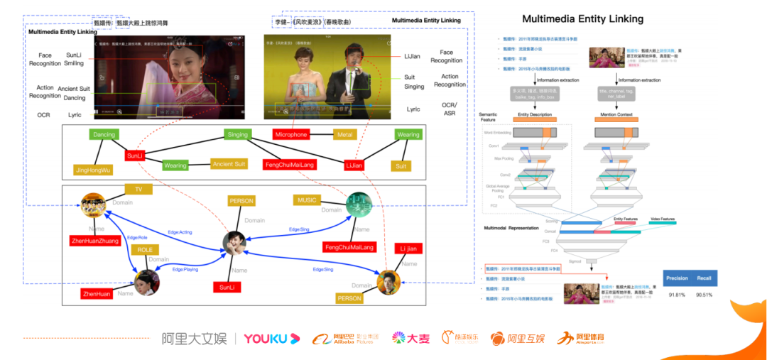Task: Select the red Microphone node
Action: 290,134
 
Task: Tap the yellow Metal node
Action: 344,134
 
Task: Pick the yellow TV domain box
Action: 138,190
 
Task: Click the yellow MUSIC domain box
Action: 307,200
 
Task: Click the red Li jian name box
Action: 408,249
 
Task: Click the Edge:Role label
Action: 137,237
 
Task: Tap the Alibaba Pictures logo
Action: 346,339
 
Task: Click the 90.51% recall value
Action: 705,294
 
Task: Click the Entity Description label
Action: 535,114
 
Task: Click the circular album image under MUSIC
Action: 359,204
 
